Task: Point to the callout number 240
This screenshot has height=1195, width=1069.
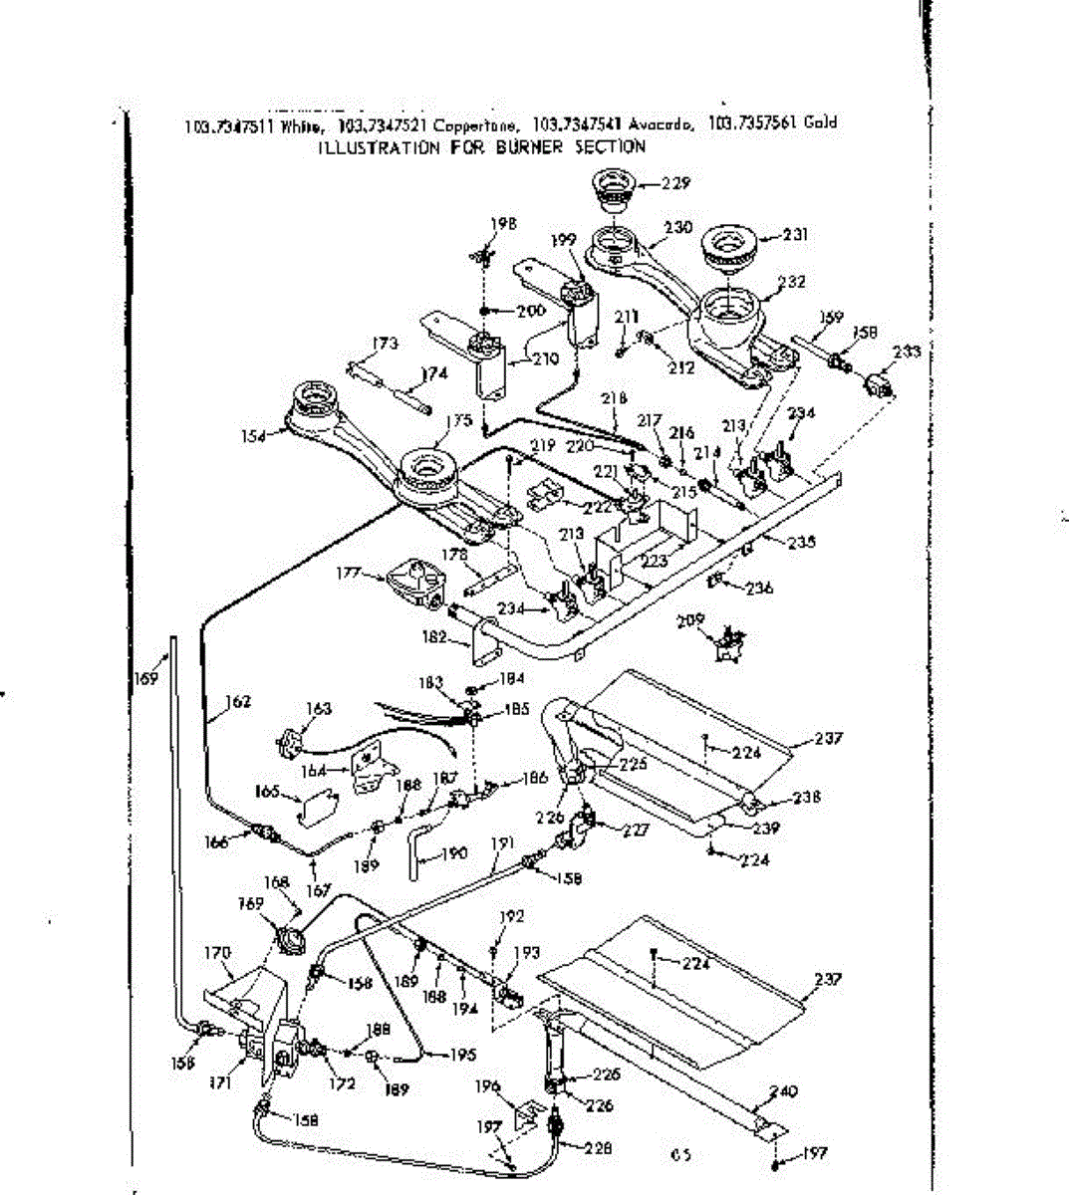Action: pyautogui.click(x=785, y=1091)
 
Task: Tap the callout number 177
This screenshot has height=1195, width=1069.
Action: pyautogui.click(x=347, y=574)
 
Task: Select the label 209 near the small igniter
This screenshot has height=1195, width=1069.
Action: pyautogui.click(x=716, y=619)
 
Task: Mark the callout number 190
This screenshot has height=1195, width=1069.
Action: pyautogui.click(x=453, y=853)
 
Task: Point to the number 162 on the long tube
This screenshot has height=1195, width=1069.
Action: pyautogui.click(x=236, y=701)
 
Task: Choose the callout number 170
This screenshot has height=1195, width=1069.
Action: pyautogui.click(x=217, y=953)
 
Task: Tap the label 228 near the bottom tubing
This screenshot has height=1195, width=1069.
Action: pyautogui.click(x=598, y=1148)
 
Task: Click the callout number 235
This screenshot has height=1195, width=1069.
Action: pyautogui.click(x=801, y=542)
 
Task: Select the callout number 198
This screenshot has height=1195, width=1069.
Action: pyautogui.click(x=504, y=224)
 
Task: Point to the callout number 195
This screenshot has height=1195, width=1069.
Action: pyautogui.click(x=462, y=1055)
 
